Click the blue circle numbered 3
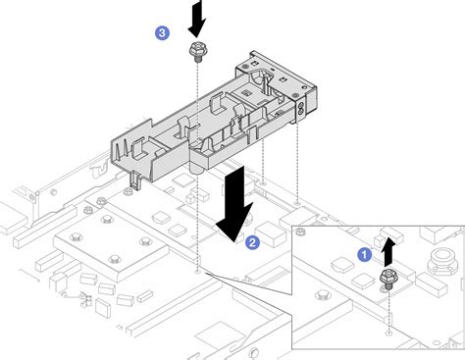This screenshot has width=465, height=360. point(163,33)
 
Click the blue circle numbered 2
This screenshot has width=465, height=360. point(252,240)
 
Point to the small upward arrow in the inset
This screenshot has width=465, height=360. point(389,250)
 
